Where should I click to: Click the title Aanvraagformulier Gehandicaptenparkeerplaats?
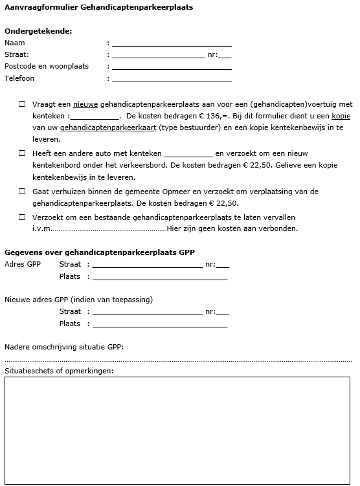point(98,7)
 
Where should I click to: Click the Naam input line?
point(172,43)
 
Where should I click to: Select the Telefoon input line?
point(172,79)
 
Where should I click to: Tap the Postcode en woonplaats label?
point(47,67)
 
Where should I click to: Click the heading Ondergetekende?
point(38,31)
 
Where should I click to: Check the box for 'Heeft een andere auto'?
point(21,154)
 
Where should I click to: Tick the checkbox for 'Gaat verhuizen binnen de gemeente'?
point(21,192)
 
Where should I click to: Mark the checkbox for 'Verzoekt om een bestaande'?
point(21,217)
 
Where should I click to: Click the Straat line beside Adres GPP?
point(148,265)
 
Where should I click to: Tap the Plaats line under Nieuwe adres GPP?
point(160,324)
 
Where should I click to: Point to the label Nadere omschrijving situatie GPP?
point(64,347)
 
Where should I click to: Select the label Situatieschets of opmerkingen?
point(59,371)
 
